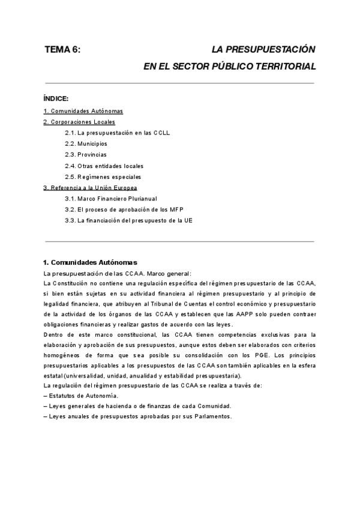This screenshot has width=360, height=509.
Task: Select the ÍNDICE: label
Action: click(56, 98)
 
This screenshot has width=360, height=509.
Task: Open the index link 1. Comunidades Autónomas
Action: click(83, 111)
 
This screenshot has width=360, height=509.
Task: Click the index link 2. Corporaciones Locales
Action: click(79, 122)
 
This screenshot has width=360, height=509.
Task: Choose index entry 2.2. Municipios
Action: click(86, 144)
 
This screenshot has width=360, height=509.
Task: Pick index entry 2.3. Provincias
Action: click(86, 155)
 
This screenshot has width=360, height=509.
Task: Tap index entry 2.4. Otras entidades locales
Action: click(104, 166)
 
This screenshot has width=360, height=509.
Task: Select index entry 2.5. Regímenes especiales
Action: click(103, 176)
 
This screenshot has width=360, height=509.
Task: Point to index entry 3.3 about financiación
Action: click(129, 220)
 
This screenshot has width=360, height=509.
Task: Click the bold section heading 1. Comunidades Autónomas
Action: click(91, 262)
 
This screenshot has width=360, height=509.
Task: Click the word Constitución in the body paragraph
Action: click(76, 283)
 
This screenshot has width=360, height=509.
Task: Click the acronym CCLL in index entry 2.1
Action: click(160, 133)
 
